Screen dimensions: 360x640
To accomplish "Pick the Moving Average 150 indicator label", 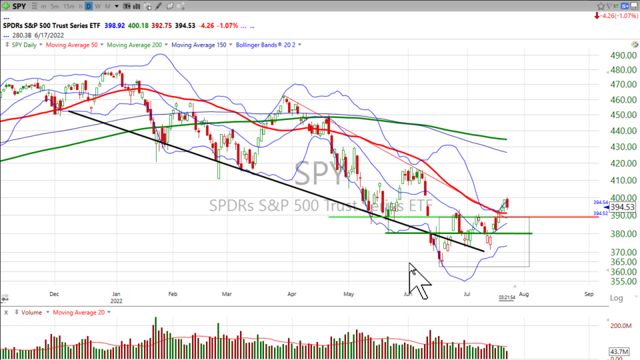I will pos(198,45).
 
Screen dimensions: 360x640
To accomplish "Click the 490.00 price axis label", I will pos(622,55).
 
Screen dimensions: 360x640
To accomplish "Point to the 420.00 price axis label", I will pos(622,163).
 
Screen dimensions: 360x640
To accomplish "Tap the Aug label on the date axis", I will pos(524,293).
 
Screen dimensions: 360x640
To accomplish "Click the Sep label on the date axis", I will pos(589,293).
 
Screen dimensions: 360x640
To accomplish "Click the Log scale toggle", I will pos(617,298).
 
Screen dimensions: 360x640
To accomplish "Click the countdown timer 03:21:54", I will pos(507,298).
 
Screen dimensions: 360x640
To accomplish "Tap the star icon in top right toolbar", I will pos(599,6).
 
